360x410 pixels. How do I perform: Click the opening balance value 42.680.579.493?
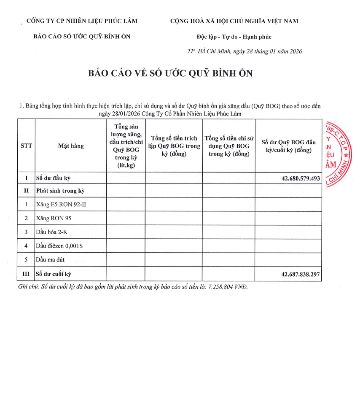[x=301, y=178]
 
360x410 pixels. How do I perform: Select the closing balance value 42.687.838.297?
[x=301, y=274]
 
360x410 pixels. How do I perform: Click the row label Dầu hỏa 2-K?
[x=52, y=232]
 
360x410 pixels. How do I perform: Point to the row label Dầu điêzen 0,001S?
[x=59, y=245]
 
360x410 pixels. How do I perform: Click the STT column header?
[x=26, y=146]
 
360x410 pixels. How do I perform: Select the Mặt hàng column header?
[x=71, y=146]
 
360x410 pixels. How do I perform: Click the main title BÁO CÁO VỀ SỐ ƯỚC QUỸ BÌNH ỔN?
[x=170, y=73]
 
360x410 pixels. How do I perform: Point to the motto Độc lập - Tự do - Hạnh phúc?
[x=234, y=37]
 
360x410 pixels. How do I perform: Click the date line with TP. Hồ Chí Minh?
[x=244, y=51]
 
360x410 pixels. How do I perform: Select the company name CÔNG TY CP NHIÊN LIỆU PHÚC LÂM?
[x=82, y=21]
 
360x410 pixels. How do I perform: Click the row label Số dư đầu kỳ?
[x=53, y=178]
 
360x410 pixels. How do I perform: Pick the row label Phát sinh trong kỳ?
[x=60, y=191]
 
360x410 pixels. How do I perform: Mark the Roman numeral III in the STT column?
[x=26, y=274]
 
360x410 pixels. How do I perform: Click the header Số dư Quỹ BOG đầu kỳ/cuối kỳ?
[x=288, y=146]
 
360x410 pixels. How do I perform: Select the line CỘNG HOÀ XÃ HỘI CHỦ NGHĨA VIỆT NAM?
[x=234, y=21]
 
